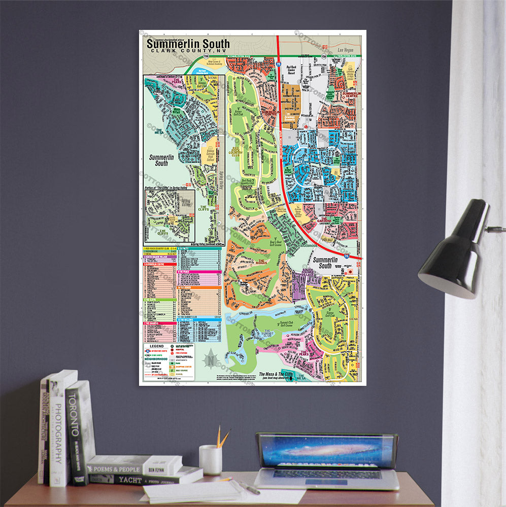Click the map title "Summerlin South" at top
pyautogui.click(x=188, y=44)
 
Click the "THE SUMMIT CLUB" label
pyautogui.click(x=267, y=333)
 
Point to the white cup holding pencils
pyautogui.click(x=210, y=459)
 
